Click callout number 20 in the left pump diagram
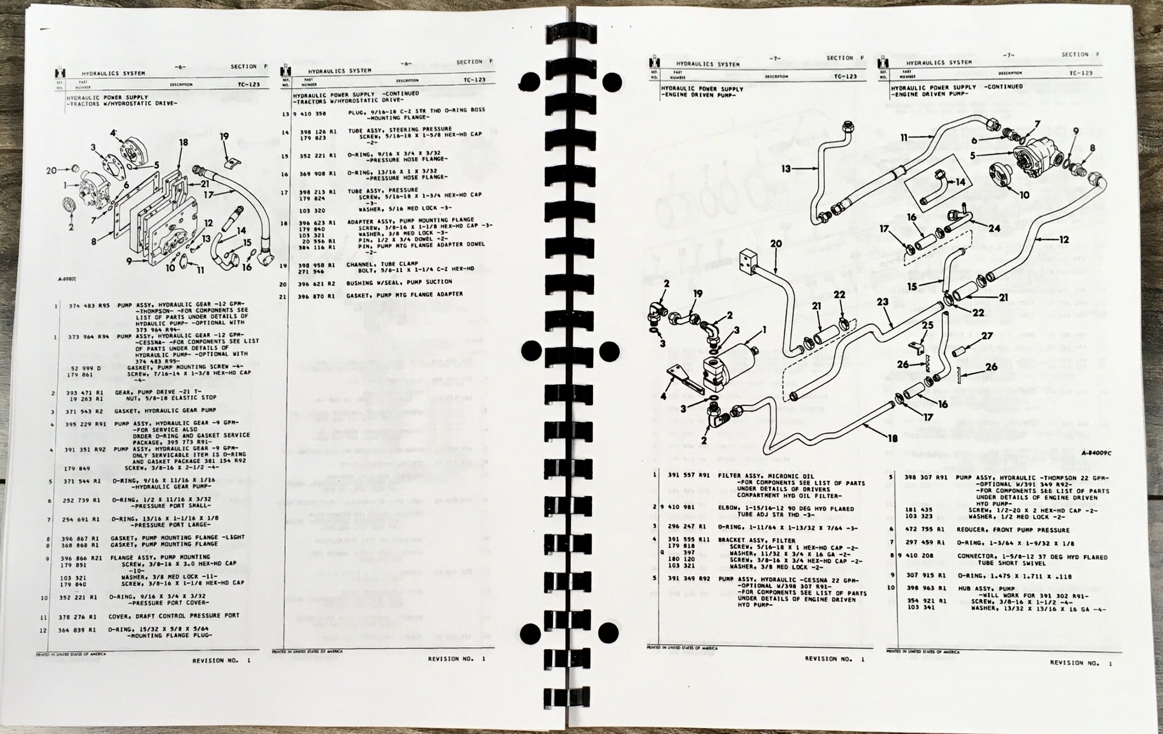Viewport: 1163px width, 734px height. (x=52, y=170)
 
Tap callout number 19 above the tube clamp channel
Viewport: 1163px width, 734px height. (x=224, y=137)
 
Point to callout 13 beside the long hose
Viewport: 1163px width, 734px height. (x=787, y=168)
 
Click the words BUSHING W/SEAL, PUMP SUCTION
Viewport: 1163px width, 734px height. (x=398, y=282)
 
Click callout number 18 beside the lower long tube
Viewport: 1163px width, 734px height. (x=892, y=438)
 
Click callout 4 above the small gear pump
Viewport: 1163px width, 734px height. (x=113, y=133)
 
